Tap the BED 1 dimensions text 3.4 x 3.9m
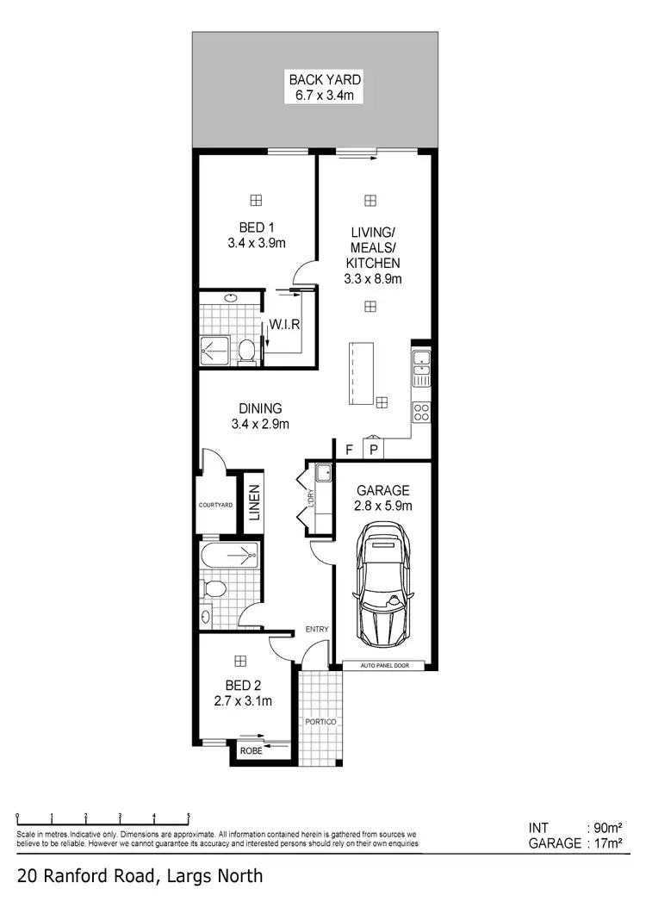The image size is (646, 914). coord(256,244)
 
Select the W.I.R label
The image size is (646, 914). coord(283,326)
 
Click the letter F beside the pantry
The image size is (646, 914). coord(349,449)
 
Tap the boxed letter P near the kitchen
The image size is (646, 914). coord(373,449)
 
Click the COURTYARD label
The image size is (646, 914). coord(215,505)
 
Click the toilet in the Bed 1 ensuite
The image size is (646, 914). coord(246,349)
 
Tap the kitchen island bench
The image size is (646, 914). coord(360,373)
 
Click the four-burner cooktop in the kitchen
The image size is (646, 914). coord(421,413)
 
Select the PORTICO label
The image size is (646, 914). coord(320,720)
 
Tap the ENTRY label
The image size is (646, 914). coord(317,630)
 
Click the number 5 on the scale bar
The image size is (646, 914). coord(188,815)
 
